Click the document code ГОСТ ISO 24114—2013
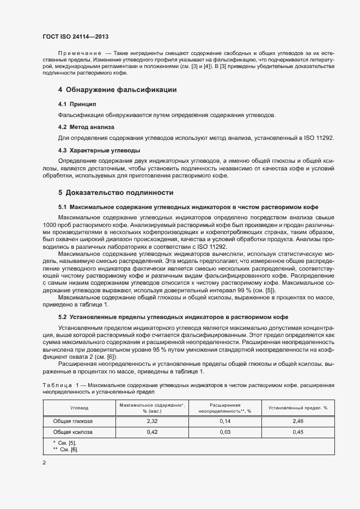click(75, 36)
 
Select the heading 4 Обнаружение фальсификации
click(117, 89)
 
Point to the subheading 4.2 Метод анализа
click(86, 127)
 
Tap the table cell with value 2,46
click(298, 421)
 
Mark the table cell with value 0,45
click(298, 432)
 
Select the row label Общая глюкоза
click(72, 421)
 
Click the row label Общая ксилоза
click(72, 432)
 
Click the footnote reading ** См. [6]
click(65, 449)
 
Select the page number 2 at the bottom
click(44, 463)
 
